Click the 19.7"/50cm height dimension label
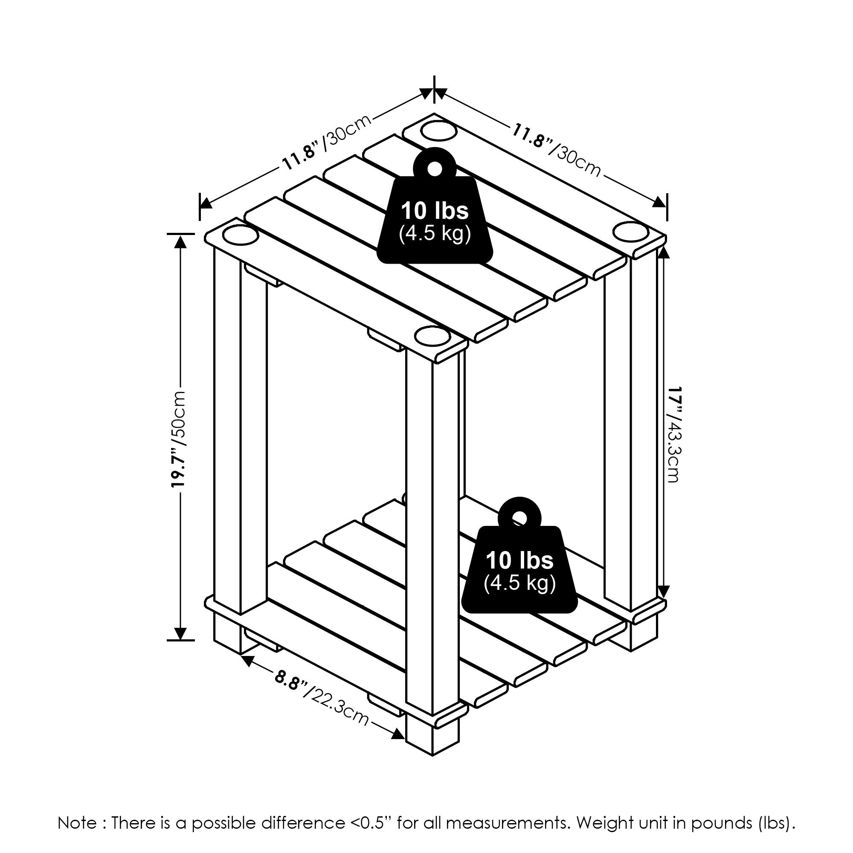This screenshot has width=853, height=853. (180, 439)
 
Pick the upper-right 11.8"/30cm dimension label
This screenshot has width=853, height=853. (556, 150)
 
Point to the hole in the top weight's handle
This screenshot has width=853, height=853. (435, 168)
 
